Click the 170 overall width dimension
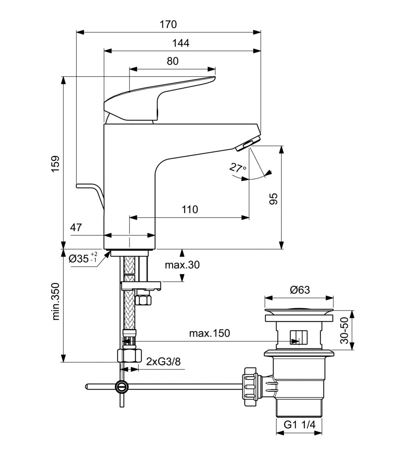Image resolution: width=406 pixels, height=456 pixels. point(168,24)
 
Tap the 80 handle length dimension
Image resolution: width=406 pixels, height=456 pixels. point(172,61)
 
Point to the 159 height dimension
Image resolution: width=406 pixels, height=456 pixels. point(55,163)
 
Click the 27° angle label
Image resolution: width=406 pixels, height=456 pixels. point(238,168)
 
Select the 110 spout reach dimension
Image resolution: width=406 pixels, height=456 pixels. point(190,210)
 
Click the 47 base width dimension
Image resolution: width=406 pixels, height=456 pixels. point(76,227)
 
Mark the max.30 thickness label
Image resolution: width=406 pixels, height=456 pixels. point(182,265)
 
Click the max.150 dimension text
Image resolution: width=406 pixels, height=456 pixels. point(209,334)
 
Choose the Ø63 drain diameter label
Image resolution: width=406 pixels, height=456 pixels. point(300,290)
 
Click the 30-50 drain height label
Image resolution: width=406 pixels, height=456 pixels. point(344,330)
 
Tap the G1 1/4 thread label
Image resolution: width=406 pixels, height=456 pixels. point(299,425)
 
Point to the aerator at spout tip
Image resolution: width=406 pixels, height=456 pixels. point(247,144)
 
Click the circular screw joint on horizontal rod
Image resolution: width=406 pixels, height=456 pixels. point(121,387)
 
